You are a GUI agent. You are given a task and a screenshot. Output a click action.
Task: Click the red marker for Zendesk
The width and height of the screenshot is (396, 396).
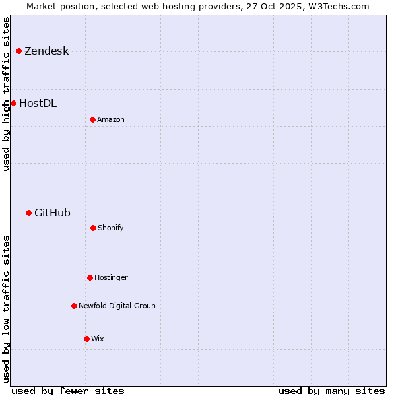point(18,51)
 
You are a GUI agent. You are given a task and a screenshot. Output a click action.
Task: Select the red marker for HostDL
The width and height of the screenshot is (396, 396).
point(13,103)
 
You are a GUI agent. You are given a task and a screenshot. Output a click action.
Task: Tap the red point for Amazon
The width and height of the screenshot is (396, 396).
point(92,119)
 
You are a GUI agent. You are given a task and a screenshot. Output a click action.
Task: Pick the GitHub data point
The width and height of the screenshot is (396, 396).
point(28,213)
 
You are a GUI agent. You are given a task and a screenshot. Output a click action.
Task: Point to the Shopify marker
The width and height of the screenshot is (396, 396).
point(93,228)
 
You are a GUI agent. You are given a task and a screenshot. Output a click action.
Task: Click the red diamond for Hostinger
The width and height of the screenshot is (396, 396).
point(90,277)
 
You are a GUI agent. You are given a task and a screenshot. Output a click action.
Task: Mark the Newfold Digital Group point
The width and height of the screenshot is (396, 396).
point(74,306)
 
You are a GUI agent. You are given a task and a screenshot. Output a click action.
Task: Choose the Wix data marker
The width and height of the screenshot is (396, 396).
point(86,339)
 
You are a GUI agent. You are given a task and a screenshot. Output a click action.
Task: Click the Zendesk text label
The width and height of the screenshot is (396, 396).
point(46,51)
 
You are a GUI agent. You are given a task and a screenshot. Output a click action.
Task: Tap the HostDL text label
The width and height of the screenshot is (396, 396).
point(38,103)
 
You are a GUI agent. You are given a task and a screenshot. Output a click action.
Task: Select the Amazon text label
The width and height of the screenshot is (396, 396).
point(110,119)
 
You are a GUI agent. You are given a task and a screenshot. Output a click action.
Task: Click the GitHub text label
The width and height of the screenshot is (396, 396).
point(52,213)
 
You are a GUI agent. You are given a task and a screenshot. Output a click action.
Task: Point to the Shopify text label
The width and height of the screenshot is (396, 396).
point(110,228)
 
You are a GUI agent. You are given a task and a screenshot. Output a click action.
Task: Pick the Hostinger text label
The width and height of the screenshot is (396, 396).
point(111,277)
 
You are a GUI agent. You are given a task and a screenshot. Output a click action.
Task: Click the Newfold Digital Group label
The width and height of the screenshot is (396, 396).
point(117,306)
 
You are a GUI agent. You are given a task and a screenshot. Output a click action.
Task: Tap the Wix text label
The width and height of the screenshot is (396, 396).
point(97,339)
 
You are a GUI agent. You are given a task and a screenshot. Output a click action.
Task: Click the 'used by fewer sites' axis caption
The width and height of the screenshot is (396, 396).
point(68,391)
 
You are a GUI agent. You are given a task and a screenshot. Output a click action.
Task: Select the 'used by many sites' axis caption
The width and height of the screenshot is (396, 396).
point(331,391)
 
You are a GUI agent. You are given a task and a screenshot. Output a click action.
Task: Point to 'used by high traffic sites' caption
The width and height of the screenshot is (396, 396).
point(6,94)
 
